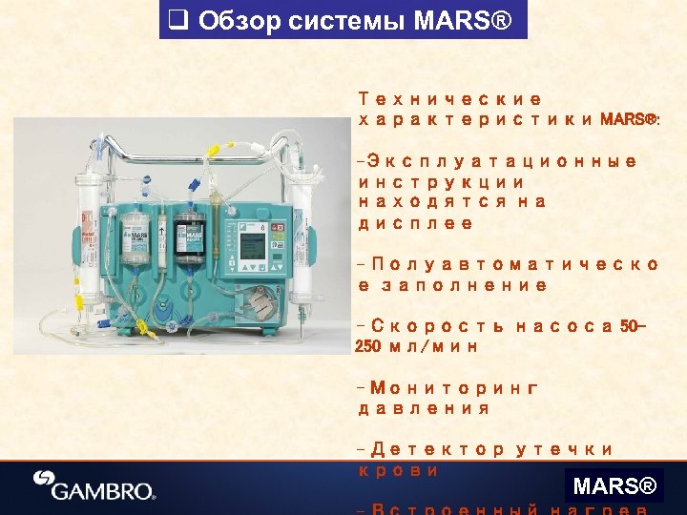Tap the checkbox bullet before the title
[176, 20]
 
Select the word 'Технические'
[449, 99]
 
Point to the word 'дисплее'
[415, 223]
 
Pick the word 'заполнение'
[465, 285]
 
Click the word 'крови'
[398, 470]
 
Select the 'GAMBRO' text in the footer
[103, 492]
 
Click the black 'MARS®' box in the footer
[614, 487]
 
